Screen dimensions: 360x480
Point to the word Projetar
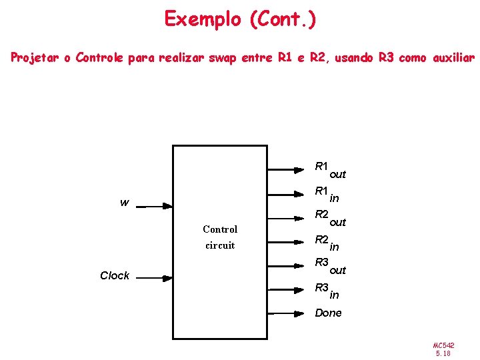point(40,58)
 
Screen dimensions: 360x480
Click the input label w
point(124,202)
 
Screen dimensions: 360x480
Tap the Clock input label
point(114,275)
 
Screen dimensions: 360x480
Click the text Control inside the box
point(220,229)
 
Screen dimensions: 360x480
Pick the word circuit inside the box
point(220,245)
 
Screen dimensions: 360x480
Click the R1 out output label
point(330,170)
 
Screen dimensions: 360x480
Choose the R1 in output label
point(327,194)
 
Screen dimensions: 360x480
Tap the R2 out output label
point(330,218)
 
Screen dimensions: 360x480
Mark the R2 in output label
point(327,242)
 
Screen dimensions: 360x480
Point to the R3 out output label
point(330,266)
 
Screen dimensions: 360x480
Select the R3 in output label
point(327,291)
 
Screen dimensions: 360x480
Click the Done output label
point(328,313)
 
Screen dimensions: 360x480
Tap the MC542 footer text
point(443,345)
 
